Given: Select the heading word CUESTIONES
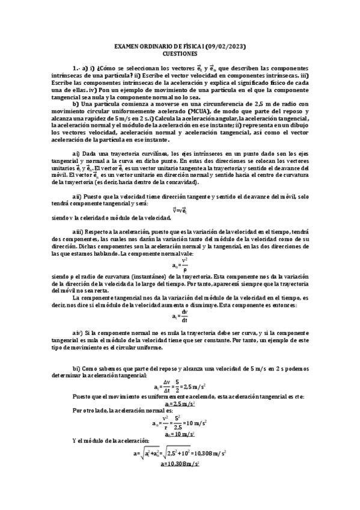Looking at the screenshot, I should (180, 53).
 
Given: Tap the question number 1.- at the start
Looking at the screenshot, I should (75, 69).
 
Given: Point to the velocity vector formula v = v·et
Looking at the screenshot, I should (180, 210).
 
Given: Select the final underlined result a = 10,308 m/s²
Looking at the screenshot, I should (180, 464).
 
